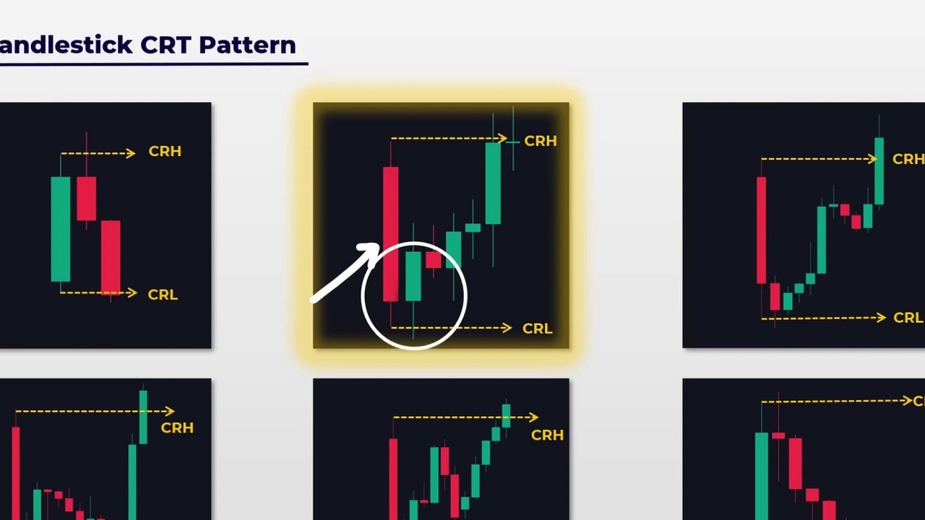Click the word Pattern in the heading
[247, 45]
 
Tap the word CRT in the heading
[166, 45]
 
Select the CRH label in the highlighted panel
[541, 142]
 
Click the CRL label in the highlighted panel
[537, 329]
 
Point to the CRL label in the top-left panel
[163, 295]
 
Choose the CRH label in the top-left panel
[165, 152]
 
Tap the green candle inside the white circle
[413, 276]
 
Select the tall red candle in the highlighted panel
[390, 233]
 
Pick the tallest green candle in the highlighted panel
[493, 183]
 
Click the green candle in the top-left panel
[61, 229]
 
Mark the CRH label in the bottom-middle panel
[547, 435]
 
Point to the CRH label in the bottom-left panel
[177, 428]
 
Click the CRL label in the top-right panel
[908, 318]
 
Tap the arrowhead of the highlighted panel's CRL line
[507, 328]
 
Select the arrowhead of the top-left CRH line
[131, 153]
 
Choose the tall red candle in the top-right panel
[761, 230]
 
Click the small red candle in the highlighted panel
[433, 259]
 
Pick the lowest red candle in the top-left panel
[111, 257]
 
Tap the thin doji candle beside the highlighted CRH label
[513, 142]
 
